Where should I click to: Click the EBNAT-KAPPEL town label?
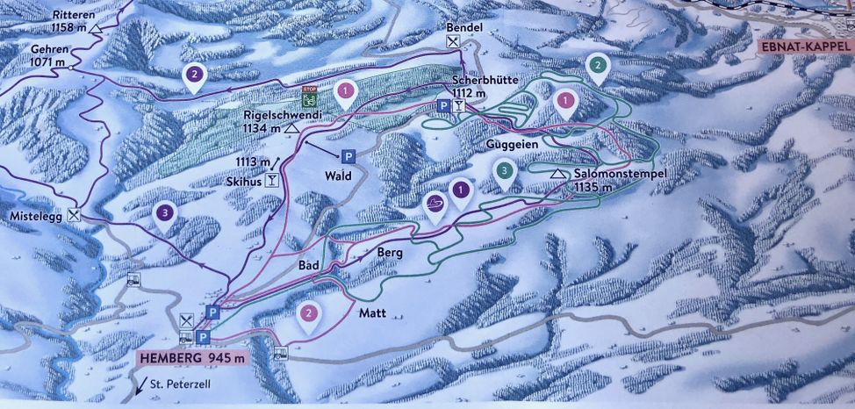click(x=801, y=47)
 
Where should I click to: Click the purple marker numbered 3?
click(x=163, y=214)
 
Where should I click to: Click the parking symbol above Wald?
click(x=348, y=157)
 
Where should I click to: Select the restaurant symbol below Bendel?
click(x=452, y=41)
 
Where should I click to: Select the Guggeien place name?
click(x=509, y=143)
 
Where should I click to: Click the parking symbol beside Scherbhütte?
click(x=444, y=106)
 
